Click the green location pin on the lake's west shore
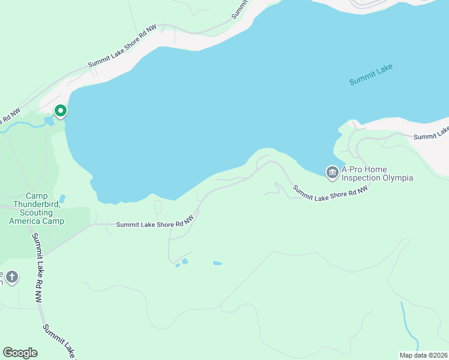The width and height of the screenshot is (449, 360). coord(60,111)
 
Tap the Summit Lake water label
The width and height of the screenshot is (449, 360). coord(371,74)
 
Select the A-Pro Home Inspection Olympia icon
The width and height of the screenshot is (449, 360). coord(331,173)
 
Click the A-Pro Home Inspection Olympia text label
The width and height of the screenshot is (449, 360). coord(377,174)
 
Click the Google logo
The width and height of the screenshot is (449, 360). coord(20,353)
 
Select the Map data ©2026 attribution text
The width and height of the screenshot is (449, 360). coord(423,355)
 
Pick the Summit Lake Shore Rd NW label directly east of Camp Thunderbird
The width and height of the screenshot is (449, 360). coord(154,224)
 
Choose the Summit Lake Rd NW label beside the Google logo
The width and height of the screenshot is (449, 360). coord(58,342)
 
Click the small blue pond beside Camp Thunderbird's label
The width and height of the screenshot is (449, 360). coord(62,199)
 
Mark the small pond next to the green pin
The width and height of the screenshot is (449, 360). coord(48,121)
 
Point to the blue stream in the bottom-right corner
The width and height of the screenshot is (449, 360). coord(406,324)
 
